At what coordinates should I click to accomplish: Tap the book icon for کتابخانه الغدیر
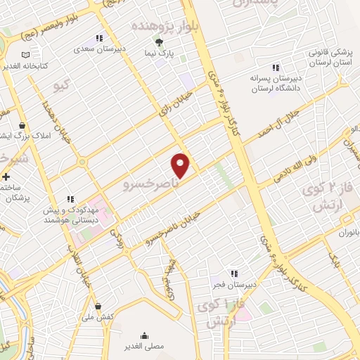[25, 55]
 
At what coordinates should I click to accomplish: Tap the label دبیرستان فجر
[234, 285]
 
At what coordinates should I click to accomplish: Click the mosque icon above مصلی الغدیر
[145, 335]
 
